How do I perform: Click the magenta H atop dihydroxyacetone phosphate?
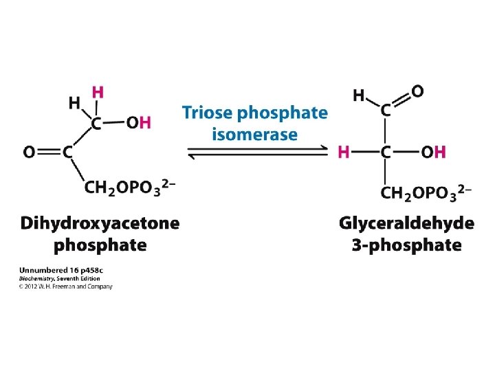pos(98,91)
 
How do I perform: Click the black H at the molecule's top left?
pos(74,102)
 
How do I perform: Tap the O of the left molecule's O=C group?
pos(30,152)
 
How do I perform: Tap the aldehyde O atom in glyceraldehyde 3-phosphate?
pos(417,91)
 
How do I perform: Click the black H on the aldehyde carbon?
pos(359,96)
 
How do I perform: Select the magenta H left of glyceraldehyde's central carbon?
pos(344,152)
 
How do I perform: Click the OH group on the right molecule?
pos(433,152)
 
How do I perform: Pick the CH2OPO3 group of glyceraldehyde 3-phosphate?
pos(423,193)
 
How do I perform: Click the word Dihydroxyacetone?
pos(100,223)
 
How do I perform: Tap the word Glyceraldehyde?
pos(406,223)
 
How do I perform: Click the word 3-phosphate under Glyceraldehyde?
pos(406,245)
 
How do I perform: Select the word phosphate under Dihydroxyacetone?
pos(100,245)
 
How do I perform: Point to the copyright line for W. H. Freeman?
pos(65,286)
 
